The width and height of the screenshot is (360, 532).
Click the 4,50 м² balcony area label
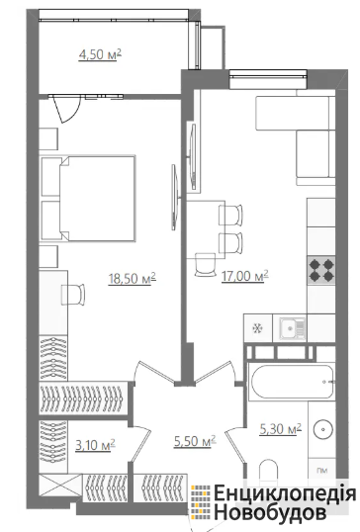[100, 54]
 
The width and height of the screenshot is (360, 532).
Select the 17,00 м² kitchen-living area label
[244, 276]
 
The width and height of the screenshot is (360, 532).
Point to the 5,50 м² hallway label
[195, 441]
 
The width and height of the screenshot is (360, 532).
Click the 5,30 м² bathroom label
[280, 429]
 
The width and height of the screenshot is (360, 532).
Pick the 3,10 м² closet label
[95, 444]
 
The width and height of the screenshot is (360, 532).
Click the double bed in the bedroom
[88, 198]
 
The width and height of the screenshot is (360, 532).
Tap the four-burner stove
[321, 270]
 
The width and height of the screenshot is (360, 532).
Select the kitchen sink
[292, 328]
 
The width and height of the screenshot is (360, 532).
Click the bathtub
[291, 382]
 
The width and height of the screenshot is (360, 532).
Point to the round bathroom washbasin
[323, 430]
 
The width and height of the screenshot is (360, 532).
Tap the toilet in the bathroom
[268, 471]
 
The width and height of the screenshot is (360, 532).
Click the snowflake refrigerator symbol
[257, 328]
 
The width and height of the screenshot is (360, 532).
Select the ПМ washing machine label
[321, 471]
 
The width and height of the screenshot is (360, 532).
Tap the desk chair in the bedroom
[72, 295]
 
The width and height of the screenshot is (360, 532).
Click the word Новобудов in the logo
[270, 512]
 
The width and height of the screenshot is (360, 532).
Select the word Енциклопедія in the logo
[285, 493]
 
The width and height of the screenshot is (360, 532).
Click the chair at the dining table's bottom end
[206, 265]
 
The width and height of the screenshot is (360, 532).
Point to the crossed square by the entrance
[60, 486]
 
